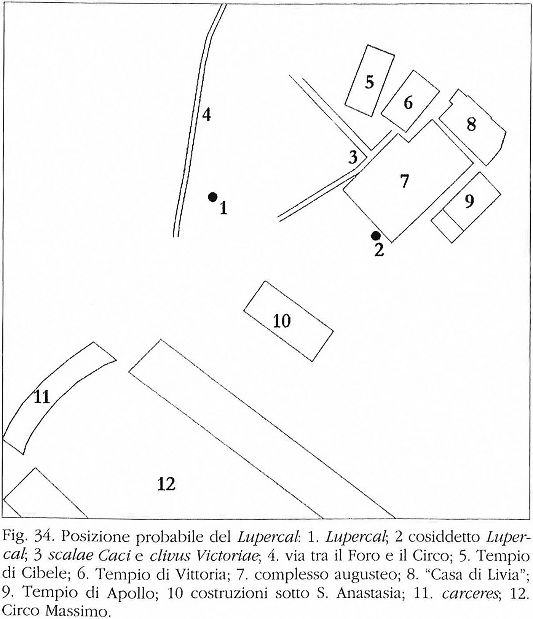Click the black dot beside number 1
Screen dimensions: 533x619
coord(212,197)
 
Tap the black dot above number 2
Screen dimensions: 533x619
coord(376,236)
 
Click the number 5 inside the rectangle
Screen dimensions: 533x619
coord(369,82)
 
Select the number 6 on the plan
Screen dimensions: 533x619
coord(408,103)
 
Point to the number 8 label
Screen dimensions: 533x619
coord(471,124)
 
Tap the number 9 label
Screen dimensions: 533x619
coord(469,201)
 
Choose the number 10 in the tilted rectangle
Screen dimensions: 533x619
coord(282,321)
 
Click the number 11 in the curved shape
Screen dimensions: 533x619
coord(42,397)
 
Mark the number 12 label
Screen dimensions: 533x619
coord(166,484)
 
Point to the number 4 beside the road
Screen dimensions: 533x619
coord(206,115)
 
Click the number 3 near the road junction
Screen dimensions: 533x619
coord(353,157)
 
